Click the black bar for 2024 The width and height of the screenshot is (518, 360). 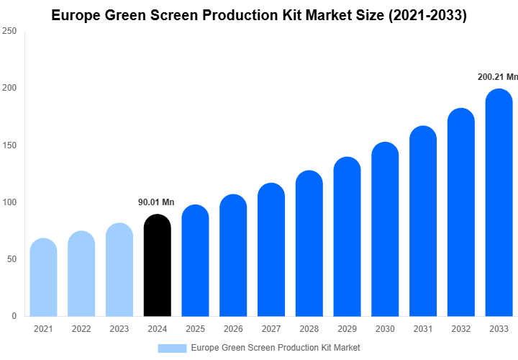[158, 266]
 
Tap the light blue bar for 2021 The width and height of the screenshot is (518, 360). [43, 278]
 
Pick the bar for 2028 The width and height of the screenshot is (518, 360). [309, 244]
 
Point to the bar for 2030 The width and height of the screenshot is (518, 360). [385, 230]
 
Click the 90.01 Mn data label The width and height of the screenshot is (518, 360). [156, 202]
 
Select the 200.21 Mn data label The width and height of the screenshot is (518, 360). [498, 76]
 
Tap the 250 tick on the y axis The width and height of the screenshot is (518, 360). [9, 32]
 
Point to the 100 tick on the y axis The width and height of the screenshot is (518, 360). [9, 202]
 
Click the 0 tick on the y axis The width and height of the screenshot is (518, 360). [14, 316]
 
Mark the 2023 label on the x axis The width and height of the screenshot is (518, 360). [119, 329]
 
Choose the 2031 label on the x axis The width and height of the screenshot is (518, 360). [422, 329]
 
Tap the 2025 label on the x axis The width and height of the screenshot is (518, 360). [195, 329]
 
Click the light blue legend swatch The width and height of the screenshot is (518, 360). [172, 348]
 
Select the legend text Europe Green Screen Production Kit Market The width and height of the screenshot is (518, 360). [276, 348]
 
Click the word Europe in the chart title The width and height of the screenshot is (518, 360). [77, 16]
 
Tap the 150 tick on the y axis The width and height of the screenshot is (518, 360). [9, 145]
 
